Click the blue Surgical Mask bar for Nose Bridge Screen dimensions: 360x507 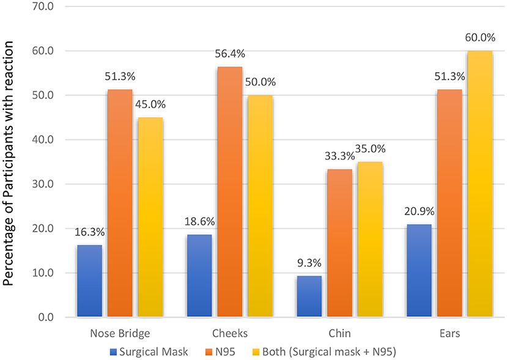tap(89, 281)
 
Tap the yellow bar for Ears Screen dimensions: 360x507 tap(480, 184)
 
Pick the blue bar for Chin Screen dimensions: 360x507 tap(309, 296)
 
